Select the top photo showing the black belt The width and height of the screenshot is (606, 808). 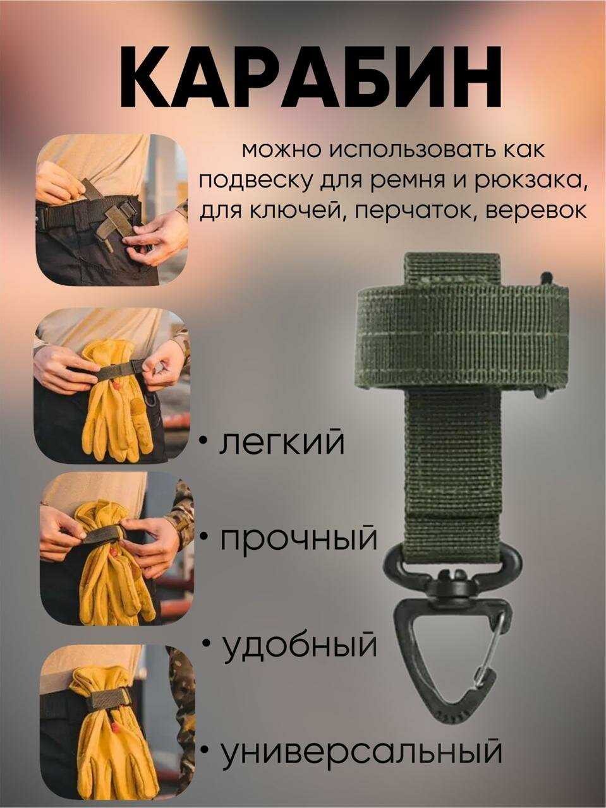pos(112,209)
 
